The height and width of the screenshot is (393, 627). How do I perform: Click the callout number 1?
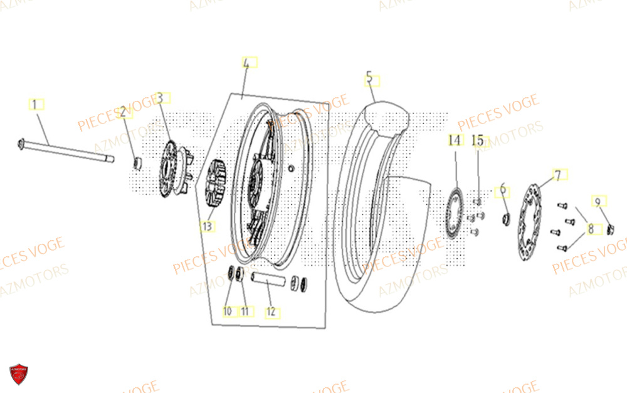tap(35, 103)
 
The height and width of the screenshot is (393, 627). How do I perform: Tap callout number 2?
tap(124, 112)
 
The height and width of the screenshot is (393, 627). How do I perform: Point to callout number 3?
tap(160, 98)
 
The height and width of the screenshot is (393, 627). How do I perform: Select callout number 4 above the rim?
tap(246, 63)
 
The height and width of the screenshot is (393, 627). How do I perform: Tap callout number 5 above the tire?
tap(370, 79)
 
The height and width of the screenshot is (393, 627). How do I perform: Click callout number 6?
tap(502, 189)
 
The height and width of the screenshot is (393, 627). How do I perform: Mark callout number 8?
tap(590, 229)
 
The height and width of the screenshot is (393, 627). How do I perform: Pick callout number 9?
tap(598, 201)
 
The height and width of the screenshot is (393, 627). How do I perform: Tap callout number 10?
tap(227, 310)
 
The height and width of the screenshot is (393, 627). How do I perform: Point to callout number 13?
tap(207, 226)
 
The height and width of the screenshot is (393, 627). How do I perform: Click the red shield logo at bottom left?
tap(19, 375)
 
